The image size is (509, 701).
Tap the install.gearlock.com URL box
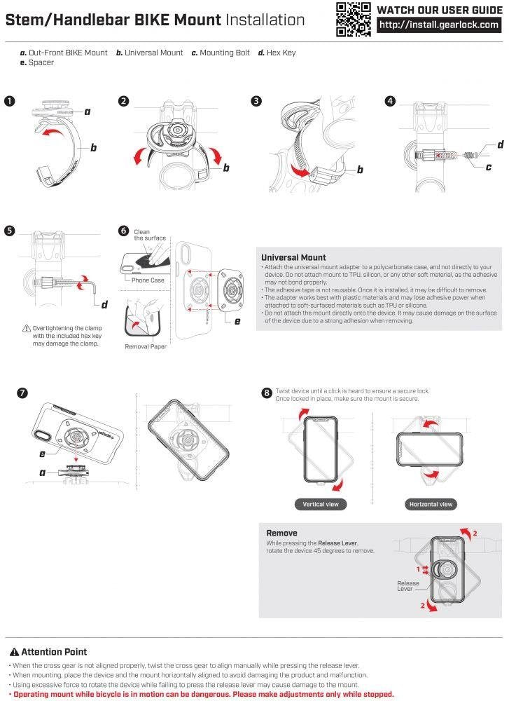click(440, 25)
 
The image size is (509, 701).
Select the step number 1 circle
click(9, 101)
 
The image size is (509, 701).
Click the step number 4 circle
click(390, 101)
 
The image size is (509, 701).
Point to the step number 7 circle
click(22, 393)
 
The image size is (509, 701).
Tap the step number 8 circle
click(267, 393)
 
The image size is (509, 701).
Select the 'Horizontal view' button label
click(431, 504)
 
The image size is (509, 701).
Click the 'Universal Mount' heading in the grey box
click(293, 257)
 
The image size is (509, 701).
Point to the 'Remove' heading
click(281, 533)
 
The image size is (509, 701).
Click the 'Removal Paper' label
click(146, 346)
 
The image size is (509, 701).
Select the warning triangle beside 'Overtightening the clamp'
click(27, 328)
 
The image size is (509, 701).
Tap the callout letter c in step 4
click(489, 167)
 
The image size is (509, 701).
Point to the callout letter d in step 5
click(104, 304)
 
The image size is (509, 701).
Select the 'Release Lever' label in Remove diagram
click(408, 586)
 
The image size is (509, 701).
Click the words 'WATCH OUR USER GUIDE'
click(440, 9)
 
